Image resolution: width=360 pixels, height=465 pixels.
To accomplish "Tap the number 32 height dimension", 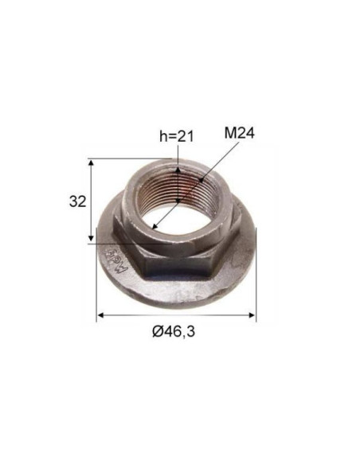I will click(x=77, y=201).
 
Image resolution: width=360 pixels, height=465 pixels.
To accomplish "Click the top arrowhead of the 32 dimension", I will click(x=94, y=162).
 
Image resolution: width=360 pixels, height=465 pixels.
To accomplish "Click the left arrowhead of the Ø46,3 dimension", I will click(x=100, y=316).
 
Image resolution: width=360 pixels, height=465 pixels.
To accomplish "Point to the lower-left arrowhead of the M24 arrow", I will click(x=155, y=229).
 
